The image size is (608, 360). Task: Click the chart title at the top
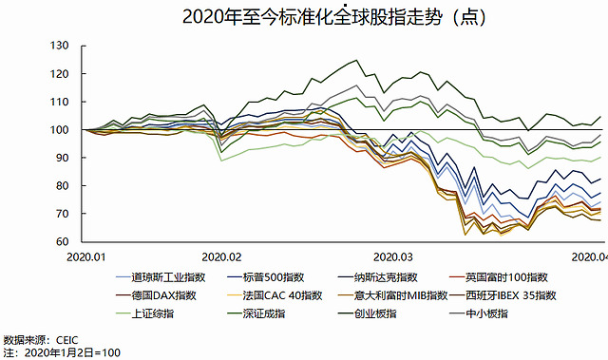[333, 17]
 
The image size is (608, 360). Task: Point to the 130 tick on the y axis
[59, 46]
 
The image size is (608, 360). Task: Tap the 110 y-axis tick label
[59, 102]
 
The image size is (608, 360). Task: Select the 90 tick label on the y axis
[62, 158]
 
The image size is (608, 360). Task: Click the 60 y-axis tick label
[62, 241]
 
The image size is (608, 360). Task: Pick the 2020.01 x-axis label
[85, 256]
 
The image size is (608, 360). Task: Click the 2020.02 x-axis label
[221, 256]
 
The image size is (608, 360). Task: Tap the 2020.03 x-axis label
[392, 256]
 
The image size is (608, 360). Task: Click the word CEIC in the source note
[67, 340]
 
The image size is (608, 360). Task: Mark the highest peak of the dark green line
[356, 60]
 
